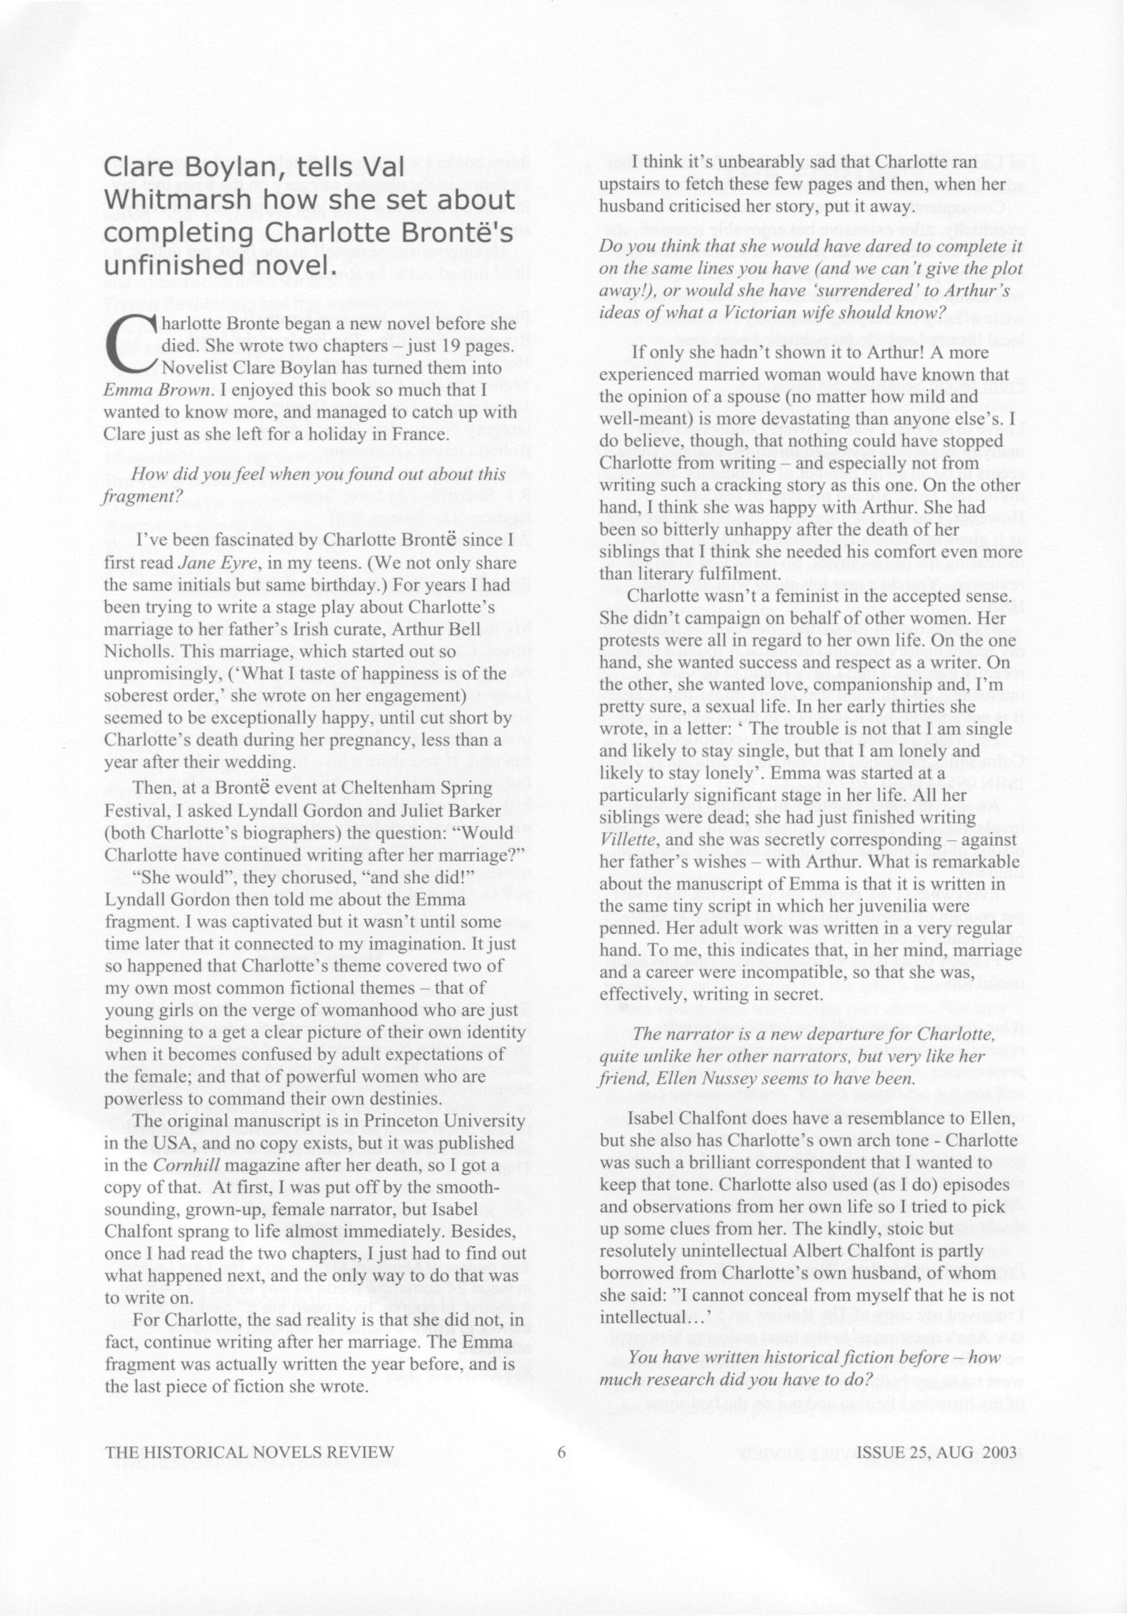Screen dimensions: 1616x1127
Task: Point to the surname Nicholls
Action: coord(133,651)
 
